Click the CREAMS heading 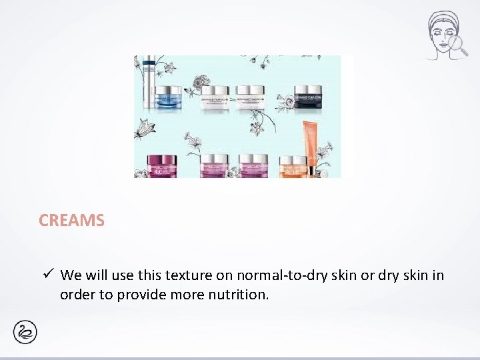pos(71,221)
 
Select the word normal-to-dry pos(270,275)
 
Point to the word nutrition pos(241,295)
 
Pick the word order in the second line pos(78,295)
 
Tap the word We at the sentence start pos(71,275)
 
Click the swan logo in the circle pos(25,331)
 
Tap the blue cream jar pos(168,96)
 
